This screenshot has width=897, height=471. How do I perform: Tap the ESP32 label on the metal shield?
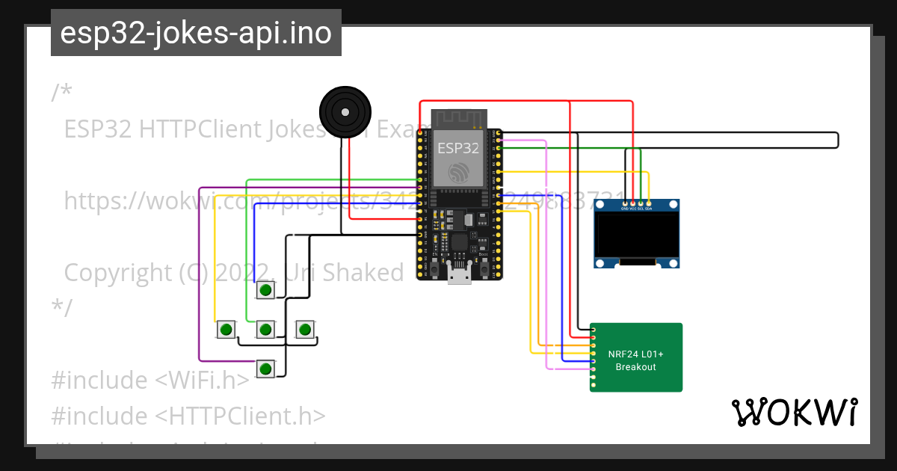(458, 148)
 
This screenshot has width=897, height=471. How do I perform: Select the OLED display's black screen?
(637, 235)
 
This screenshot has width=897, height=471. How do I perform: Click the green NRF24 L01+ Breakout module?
(636, 357)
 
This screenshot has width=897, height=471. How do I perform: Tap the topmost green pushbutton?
(265, 289)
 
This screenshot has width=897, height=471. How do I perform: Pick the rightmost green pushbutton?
(304, 329)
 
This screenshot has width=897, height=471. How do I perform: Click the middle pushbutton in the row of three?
(265, 329)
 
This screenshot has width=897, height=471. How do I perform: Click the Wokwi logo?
(794, 413)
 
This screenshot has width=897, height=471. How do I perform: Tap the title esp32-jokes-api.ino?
(196, 33)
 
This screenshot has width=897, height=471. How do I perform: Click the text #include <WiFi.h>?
(149, 380)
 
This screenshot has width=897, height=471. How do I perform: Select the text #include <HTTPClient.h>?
(188, 416)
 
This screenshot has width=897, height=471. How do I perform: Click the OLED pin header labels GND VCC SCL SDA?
(636, 209)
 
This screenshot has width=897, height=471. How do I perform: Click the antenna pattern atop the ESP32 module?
(458, 118)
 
